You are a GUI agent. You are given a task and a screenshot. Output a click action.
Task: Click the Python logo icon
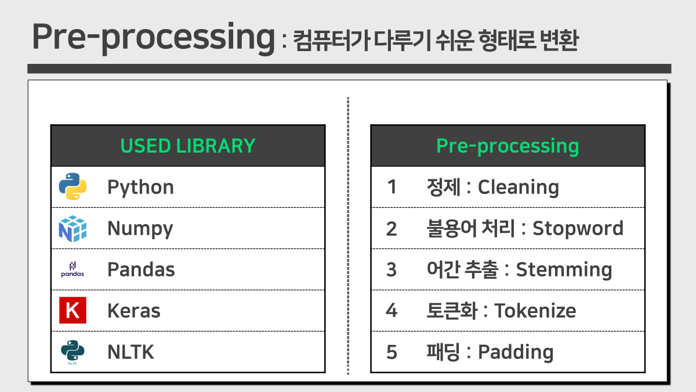[x=72, y=187]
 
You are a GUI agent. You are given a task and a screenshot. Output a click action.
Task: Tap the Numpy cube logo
[x=72, y=228]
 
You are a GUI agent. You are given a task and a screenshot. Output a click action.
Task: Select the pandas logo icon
[x=72, y=269]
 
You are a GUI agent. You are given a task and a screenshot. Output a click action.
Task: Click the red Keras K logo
[x=72, y=311]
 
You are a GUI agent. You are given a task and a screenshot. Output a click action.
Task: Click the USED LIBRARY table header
[x=187, y=146]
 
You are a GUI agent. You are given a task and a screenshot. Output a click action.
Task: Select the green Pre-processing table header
[x=507, y=146]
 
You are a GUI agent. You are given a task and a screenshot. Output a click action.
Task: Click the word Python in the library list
[x=140, y=188]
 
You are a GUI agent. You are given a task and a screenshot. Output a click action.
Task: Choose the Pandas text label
[x=141, y=269]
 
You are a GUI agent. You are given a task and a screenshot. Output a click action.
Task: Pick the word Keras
[x=133, y=311]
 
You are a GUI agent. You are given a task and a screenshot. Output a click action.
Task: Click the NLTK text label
[x=130, y=352]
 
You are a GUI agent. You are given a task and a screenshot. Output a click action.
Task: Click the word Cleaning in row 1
[x=518, y=187]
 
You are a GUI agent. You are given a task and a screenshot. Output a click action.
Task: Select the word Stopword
[x=578, y=228]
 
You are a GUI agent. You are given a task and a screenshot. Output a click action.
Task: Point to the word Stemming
[x=564, y=270]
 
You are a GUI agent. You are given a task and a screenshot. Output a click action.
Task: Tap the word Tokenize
[x=535, y=311]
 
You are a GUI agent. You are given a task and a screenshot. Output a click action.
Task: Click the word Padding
[x=516, y=353]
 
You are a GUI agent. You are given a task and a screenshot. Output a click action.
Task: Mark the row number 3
[x=391, y=269]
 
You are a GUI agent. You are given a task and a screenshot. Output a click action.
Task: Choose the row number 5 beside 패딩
[x=391, y=352]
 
